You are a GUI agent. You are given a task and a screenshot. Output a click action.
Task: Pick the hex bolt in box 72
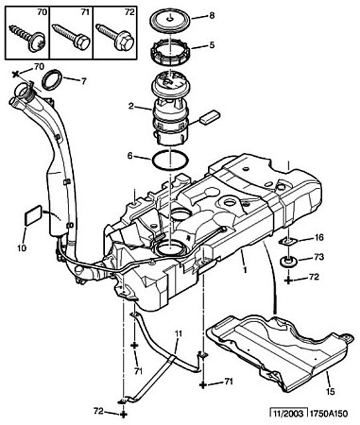(115, 37)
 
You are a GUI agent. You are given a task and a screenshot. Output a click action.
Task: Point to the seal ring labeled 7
(52, 80)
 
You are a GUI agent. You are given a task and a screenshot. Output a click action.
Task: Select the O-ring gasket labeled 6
(170, 161)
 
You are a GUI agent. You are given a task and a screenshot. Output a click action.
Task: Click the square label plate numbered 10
(34, 215)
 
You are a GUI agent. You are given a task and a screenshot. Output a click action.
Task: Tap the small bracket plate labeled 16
(288, 240)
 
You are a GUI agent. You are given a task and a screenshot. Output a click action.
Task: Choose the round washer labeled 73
(288, 262)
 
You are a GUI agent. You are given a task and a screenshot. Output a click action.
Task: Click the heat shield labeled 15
(279, 353)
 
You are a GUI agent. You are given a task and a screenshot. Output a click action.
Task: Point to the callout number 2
(131, 106)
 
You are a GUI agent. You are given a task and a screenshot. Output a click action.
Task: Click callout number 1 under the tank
(245, 270)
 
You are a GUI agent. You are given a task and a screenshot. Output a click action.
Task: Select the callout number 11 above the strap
(178, 334)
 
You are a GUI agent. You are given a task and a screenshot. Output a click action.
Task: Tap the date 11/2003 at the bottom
(288, 414)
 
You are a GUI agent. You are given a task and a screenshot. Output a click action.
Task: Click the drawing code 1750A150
(329, 414)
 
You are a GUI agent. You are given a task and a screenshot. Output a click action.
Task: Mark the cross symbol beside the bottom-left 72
(124, 414)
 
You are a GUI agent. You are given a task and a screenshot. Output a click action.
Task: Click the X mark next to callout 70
(16, 74)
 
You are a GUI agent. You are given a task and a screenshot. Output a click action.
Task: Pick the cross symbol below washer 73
(288, 280)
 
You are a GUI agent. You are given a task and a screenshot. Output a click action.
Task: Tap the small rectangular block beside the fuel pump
(209, 117)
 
